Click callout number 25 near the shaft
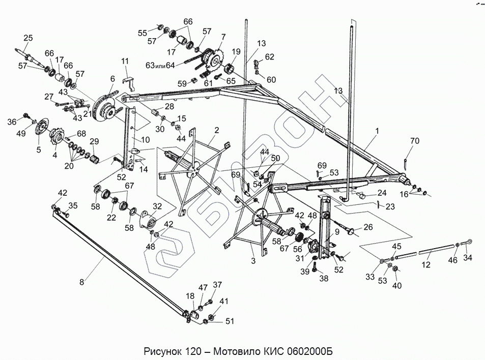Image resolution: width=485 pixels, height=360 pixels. [x=28, y=38]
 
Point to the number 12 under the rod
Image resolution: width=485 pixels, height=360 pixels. [x=426, y=265]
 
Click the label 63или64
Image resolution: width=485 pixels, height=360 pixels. [x=159, y=65]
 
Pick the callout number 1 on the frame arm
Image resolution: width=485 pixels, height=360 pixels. [x=377, y=131]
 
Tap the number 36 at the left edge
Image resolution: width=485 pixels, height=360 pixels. [x=11, y=122]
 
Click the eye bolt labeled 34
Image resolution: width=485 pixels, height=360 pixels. [x=468, y=242]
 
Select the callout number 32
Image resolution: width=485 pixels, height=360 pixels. [x=156, y=206]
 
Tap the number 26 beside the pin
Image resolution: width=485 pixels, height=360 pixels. [x=367, y=227]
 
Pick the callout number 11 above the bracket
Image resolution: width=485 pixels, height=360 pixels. [x=125, y=61]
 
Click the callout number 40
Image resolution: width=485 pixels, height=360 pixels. [x=397, y=285]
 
